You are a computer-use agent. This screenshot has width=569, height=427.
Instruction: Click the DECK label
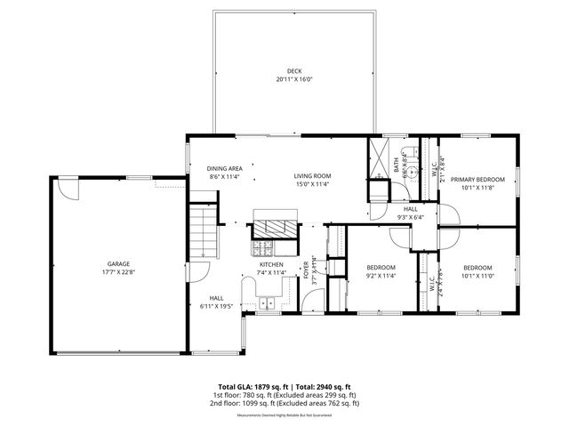293,71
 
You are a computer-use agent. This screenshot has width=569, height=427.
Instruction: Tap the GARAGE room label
119,263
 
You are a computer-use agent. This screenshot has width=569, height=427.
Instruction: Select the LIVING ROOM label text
312,176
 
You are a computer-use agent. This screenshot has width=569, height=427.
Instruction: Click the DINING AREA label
225,168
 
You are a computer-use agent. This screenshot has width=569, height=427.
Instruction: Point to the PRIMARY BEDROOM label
477,180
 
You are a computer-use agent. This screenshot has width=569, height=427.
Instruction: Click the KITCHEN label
271,264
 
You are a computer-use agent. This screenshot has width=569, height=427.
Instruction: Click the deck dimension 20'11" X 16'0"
293,79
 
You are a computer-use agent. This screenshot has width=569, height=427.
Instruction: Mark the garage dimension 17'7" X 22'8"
119,272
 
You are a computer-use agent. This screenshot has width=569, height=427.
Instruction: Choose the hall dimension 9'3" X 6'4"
410,216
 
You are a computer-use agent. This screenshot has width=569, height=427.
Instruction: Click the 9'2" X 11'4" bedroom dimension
381,276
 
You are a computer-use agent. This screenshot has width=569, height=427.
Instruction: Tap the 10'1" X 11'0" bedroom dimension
477,276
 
